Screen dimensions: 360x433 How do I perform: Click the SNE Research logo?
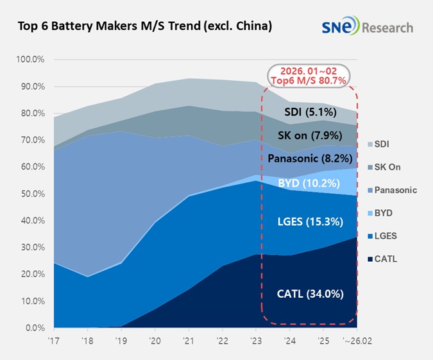tap(368, 27)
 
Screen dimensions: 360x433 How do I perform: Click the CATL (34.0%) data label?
tap(309, 294)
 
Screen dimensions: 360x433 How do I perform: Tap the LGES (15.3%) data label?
tap(309, 222)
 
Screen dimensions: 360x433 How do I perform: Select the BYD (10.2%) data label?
tap(309, 182)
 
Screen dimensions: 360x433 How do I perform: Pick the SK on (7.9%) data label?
tap(309, 135)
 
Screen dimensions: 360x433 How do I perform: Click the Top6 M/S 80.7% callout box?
tap(310, 76)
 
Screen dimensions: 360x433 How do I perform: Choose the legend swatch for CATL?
tap(369, 259)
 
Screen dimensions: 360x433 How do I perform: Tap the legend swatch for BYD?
tap(369, 213)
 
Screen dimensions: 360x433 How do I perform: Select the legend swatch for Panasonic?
tap(369, 190)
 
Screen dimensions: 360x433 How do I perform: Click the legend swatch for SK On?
tap(369, 167)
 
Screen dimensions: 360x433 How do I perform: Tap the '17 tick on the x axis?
tap(55, 341)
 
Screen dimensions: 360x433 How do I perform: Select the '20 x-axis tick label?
tap(155, 341)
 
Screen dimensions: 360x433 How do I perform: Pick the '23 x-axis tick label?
tap(255, 341)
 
